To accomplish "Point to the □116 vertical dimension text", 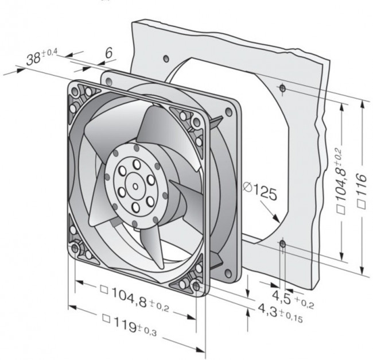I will [x=361, y=190].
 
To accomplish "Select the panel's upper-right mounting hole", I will [x=282, y=88].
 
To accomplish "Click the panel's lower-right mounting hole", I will [x=282, y=245].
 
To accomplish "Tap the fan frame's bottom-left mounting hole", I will [x=76, y=249].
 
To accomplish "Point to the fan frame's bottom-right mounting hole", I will [x=197, y=285].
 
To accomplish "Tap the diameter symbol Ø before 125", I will [x=247, y=187].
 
